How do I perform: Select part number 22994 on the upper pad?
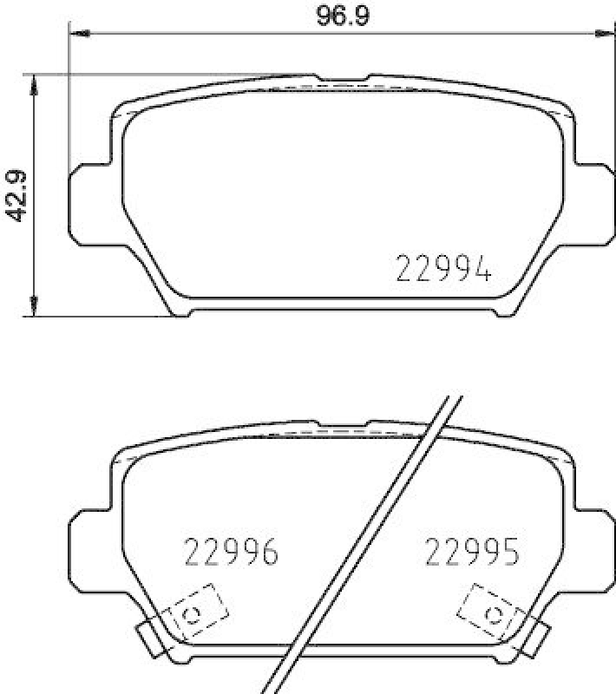click(x=444, y=271)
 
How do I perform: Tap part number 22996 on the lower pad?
click(x=232, y=552)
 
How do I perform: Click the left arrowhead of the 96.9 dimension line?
click(x=79, y=35)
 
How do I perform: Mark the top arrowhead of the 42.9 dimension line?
click(x=33, y=82)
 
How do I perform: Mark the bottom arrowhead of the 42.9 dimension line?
click(x=33, y=307)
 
